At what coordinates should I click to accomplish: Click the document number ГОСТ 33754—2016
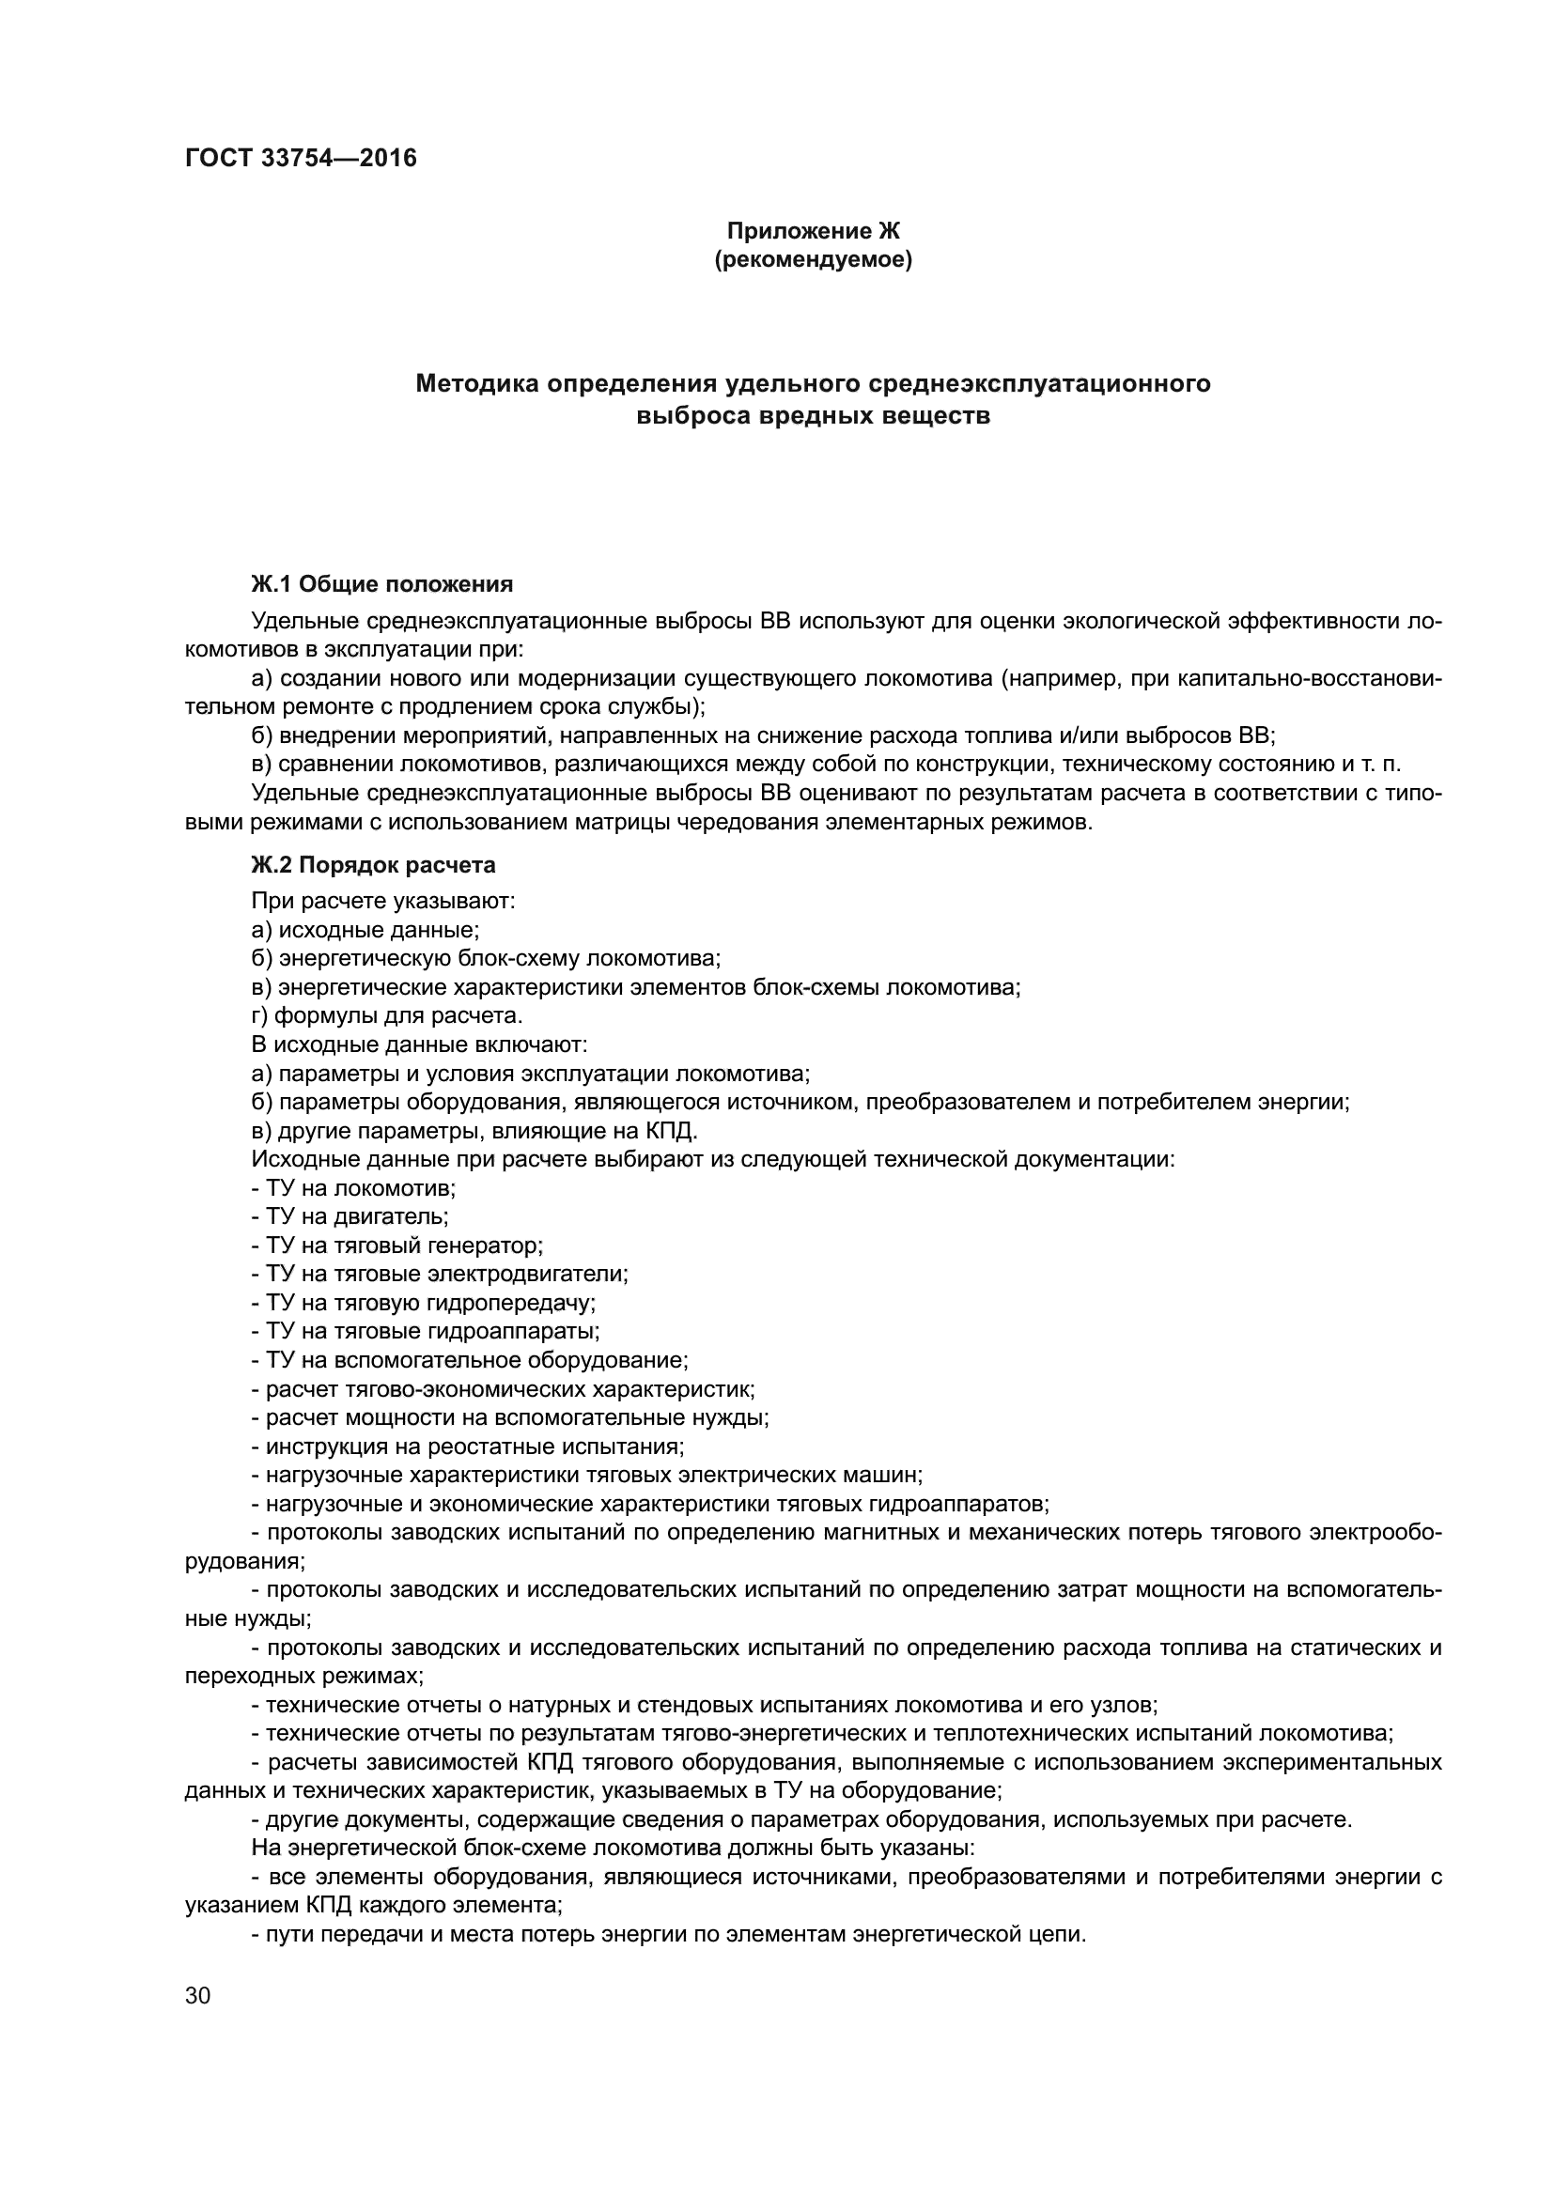[301, 158]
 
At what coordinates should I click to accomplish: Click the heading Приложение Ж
[814, 231]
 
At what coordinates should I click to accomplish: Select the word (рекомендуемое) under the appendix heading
[814, 259]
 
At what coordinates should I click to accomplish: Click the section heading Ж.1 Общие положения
[381, 583]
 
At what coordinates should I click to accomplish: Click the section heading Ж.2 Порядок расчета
[373, 865]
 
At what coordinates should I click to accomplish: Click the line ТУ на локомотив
[353, 1188]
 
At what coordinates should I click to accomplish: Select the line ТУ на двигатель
[350, 1217]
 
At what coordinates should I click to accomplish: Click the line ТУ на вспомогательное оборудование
[469, 1361]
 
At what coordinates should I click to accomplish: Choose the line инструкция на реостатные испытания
[468, 1447]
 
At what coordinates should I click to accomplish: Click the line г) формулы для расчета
[386, 1015]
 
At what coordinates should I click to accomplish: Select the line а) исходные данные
[365, 929]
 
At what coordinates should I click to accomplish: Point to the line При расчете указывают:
[382, 901]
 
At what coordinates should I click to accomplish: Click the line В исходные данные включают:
[419, 1044]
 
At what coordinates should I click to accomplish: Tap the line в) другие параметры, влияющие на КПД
[474, 1131]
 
